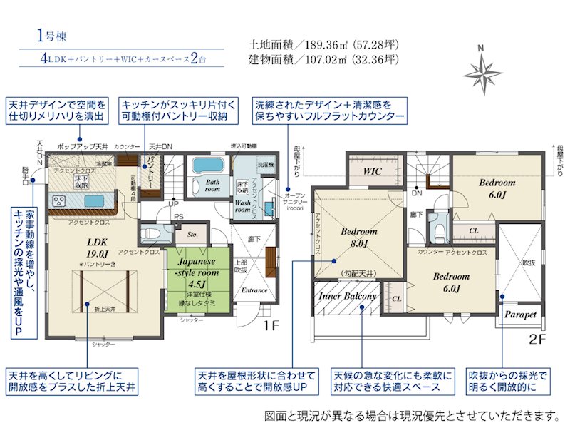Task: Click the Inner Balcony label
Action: tap(347, 295)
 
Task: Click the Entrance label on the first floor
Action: tap(254, 290)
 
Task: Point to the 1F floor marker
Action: tap(275, 326)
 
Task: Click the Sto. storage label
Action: tap(192, 233)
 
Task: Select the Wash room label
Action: tap(243, 206)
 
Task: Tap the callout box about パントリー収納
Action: tap(174, 109)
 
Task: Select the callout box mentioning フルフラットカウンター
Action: tap(330, 109)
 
